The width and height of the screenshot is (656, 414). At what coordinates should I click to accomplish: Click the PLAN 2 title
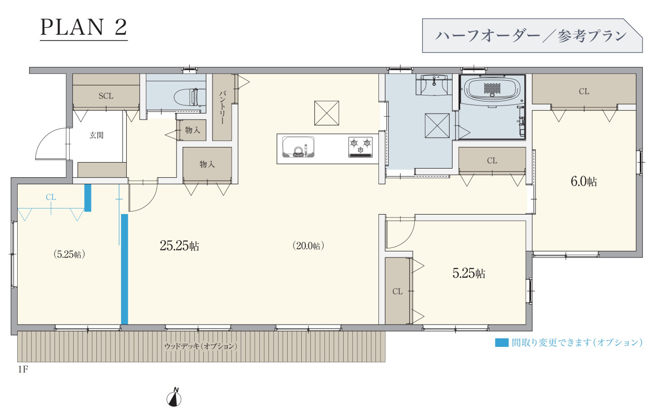click(x=83, y=28)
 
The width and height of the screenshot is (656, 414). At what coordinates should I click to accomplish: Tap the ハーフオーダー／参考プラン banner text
click(x=531, y=36)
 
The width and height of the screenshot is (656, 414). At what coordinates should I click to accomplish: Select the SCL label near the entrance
click(x=106, y=96)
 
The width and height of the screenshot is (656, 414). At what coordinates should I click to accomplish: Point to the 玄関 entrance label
click(x=96, y=135)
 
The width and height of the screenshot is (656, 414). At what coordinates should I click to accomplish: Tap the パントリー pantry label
click(x=222, y=107)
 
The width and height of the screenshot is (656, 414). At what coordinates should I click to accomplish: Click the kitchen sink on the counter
click(x=298, y=147)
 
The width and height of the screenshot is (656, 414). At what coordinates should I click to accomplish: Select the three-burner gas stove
click(x=360, y=147)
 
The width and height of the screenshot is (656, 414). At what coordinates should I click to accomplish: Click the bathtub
click(x=493, y=88)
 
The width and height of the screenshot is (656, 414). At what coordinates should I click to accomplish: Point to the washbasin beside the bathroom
click(x=434, y=85)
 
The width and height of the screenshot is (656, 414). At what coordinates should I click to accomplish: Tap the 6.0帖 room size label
click(x=584, y=182)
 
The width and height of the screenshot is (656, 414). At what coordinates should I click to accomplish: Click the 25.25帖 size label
click(x=180, y=246)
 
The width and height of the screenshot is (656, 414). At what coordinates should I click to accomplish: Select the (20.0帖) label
click(x=308, y=246)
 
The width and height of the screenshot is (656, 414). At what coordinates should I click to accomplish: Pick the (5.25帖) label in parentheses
click(x=70, y=254)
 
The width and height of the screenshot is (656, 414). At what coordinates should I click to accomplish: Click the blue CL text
click(x=51, y=197)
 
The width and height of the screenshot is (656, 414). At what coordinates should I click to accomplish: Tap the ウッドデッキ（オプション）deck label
click(x=201, y=346)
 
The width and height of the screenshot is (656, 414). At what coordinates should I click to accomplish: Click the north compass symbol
click(x=174, y=397)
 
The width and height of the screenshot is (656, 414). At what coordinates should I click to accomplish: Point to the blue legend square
click(x=502, y=342)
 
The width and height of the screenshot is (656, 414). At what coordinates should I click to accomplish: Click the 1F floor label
click(x=23, y=370)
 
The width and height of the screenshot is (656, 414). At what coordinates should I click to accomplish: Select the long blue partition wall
click(x=125, y=269)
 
